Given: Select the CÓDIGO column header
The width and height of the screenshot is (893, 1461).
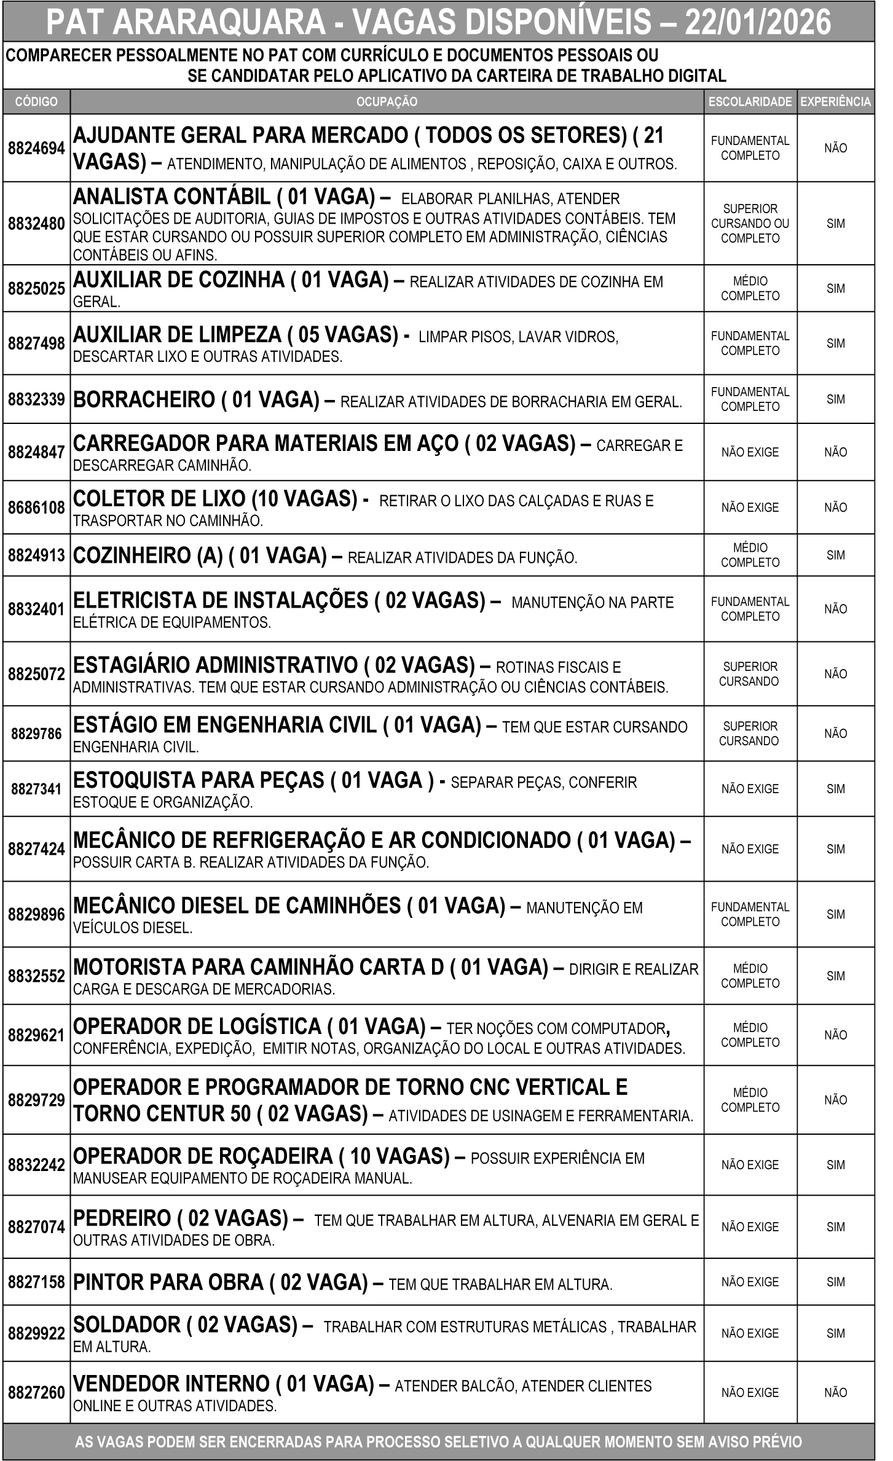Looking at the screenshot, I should [36, 102].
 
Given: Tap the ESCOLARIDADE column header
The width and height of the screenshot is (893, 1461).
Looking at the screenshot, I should [750, 102].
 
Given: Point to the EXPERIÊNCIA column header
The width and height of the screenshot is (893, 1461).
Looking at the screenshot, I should [835, 102].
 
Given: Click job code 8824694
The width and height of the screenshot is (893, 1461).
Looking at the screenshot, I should [36, 148].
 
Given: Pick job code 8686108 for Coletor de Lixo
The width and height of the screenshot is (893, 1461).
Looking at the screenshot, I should [36, 507].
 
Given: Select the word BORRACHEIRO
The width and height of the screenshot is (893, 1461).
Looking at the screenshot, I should [144, 400].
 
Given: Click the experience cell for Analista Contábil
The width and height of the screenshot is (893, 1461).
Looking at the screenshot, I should [835, 224].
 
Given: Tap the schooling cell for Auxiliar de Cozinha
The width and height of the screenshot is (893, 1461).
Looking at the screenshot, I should [750, 289].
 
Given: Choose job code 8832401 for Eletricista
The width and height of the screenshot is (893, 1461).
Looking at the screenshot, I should [36, 609].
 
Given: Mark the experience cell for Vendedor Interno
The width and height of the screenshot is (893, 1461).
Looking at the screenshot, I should [835, 1393].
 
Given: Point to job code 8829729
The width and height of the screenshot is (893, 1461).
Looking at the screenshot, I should [36, 1100].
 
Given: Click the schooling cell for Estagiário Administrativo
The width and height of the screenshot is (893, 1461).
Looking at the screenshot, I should [750, 674].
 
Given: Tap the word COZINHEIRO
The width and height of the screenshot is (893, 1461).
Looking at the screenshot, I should [132, 555].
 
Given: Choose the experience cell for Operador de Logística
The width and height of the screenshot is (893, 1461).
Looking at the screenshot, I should [835, 1035].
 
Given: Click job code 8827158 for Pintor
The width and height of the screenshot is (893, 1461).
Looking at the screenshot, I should [36, 1282].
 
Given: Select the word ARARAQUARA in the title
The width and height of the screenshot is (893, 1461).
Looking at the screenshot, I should [219, 23].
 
